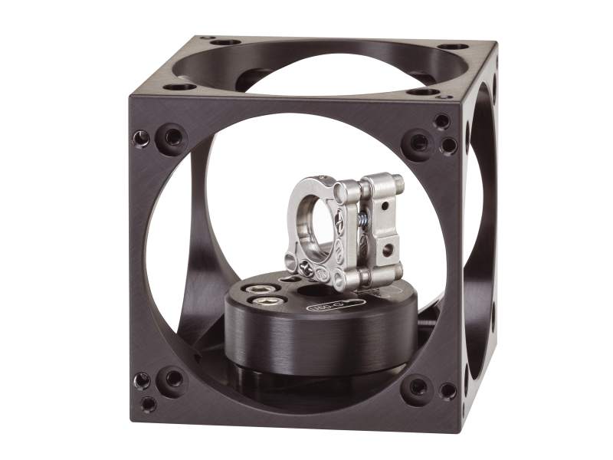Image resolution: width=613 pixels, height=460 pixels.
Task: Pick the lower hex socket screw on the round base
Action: (x=256, y=304)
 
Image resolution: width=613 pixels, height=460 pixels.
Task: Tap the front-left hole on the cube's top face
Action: (x=181, y=87)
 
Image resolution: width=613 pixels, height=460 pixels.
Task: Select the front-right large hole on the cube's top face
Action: (x=423, y=92)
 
